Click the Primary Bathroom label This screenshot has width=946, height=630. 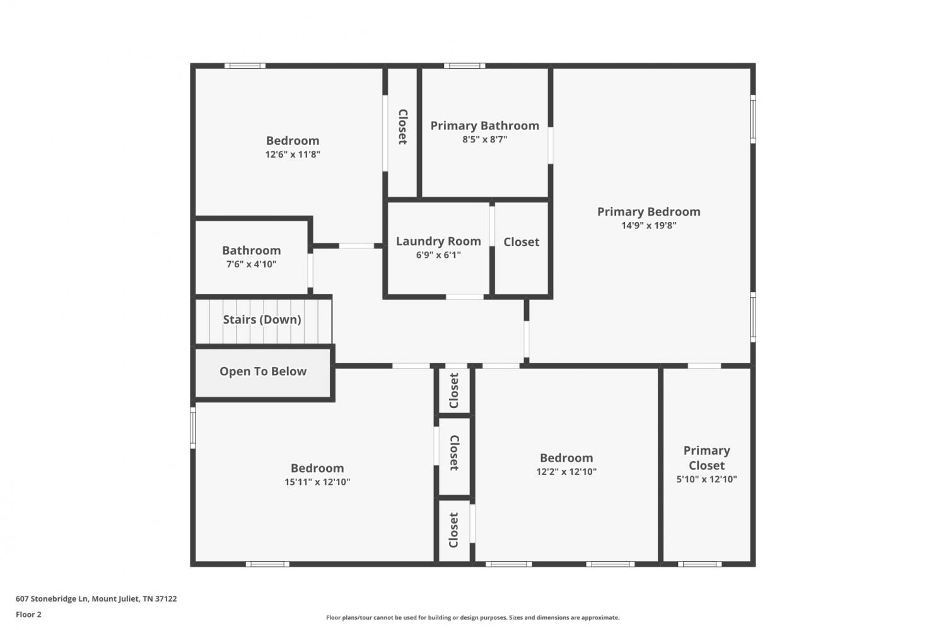point(484,125)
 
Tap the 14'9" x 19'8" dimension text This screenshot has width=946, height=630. point(649,225)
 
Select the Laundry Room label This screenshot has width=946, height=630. point(438,241)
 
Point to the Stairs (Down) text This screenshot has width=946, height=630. point(262,319)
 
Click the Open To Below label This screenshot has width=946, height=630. point(263,371)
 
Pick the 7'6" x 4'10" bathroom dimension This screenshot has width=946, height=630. point(251,264)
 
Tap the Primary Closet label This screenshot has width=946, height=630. point(706,458)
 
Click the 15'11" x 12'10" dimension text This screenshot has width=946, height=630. point(317,482)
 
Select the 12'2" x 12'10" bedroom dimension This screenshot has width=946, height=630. point(566,472)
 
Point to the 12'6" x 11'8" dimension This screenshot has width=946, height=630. point(293,154)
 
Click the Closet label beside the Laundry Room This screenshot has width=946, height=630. point(521,242)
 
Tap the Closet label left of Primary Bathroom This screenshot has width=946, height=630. point(403,127)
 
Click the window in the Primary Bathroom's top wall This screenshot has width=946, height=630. point(464,66)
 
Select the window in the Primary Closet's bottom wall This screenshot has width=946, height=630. point(700,564)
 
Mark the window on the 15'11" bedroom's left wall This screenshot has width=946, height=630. point(193,428)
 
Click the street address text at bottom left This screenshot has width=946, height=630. point(96,598)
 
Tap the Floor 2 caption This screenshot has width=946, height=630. point(29,614)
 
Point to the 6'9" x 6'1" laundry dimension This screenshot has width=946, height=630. point(438,255)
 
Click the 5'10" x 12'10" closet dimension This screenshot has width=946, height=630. point(706,479)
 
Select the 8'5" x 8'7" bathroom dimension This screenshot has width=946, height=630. point(484,139)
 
